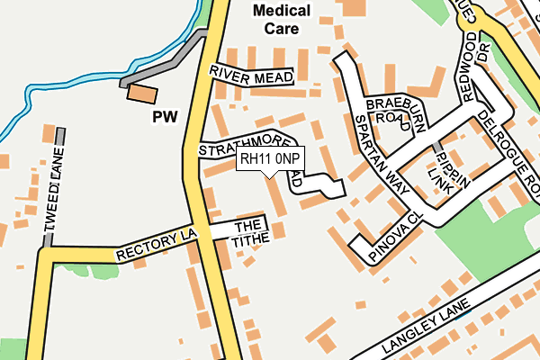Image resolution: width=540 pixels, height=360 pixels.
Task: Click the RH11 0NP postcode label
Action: (270, 159)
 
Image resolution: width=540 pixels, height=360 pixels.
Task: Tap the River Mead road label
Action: (251, 76)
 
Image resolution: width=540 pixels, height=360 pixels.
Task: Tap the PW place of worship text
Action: (165, 116)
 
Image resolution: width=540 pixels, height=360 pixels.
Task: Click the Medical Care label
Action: (281, 20)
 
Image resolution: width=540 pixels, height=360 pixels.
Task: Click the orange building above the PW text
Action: (141, 92)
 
